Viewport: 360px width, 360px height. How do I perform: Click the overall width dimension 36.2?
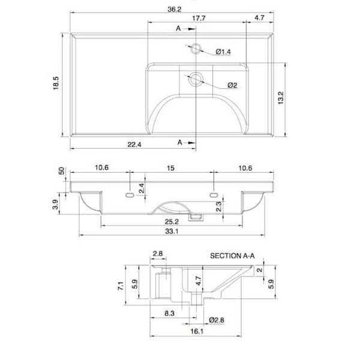(174, 9)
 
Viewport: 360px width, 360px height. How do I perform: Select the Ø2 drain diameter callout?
(231, 85)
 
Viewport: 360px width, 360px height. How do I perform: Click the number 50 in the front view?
(61, 171)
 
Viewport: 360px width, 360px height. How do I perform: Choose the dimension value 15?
(170, 169)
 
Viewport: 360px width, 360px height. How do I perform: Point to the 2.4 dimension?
(141, 188)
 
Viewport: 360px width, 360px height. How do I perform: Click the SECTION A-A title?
(232, 255)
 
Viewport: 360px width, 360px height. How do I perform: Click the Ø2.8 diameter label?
(217, 319)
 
